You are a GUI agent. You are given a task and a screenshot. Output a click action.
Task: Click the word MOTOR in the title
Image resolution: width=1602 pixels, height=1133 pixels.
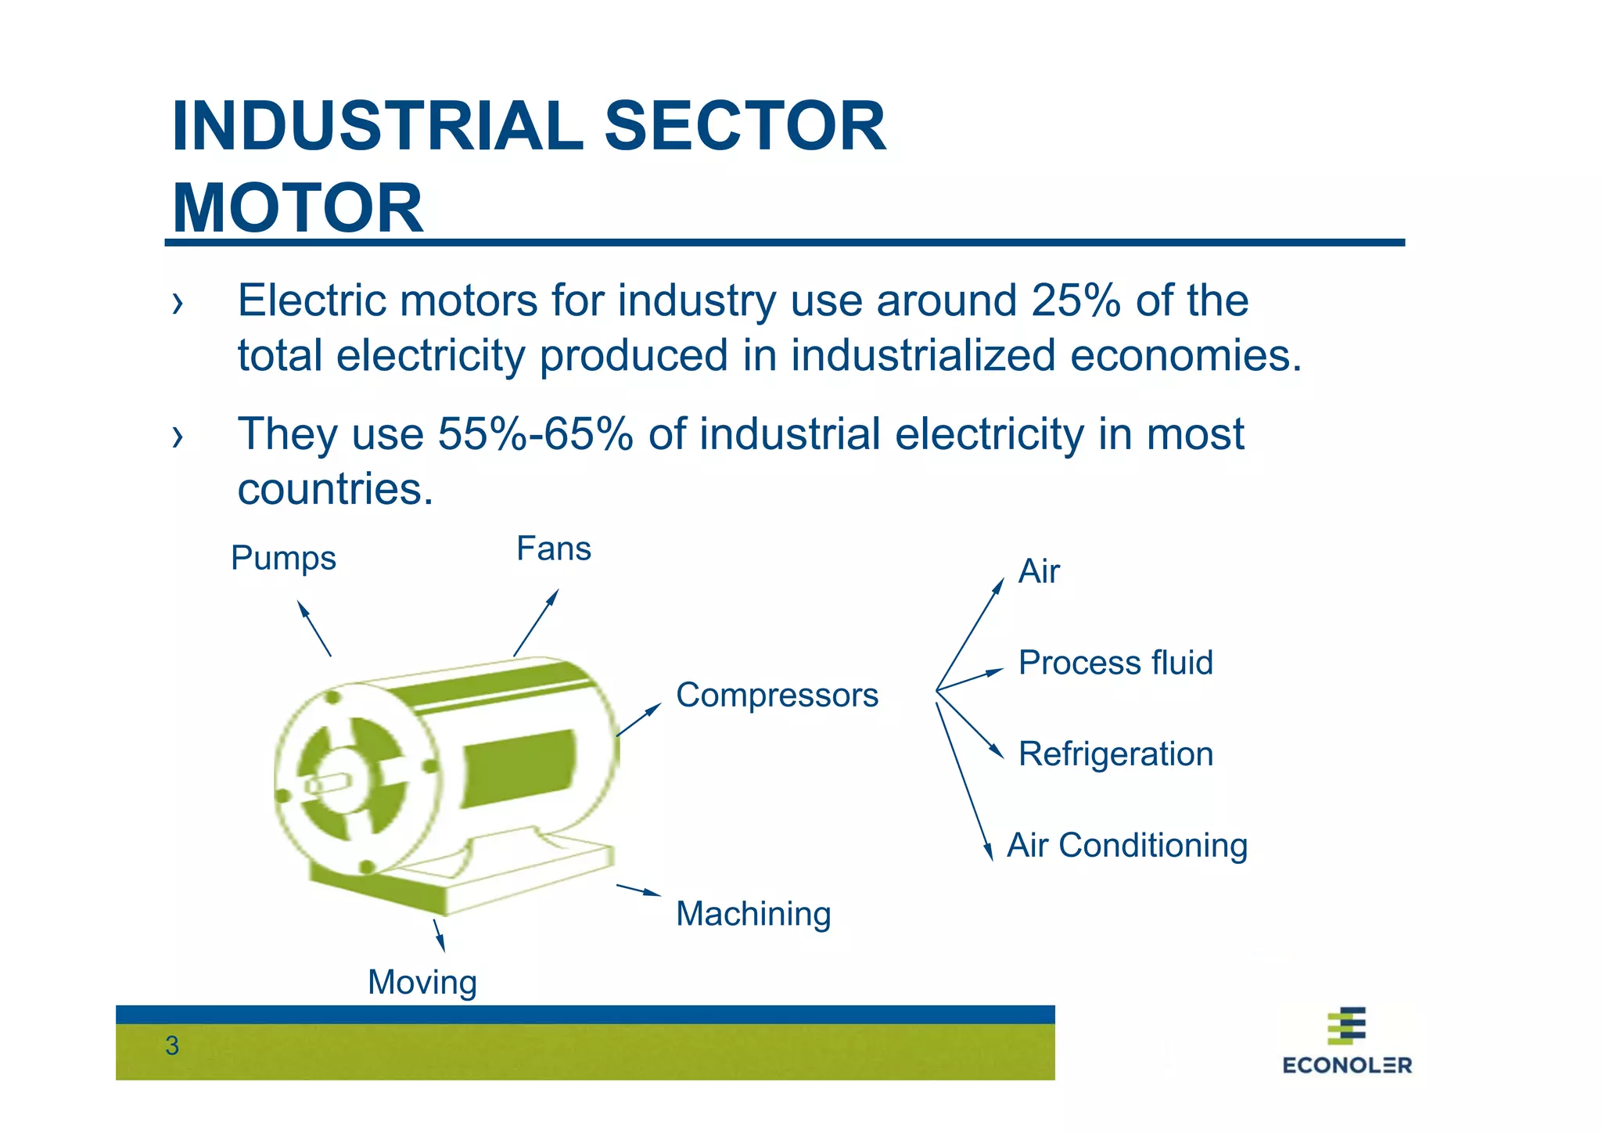[x=297, y=208]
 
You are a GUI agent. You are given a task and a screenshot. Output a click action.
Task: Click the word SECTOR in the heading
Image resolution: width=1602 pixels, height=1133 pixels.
[x=745, y=126]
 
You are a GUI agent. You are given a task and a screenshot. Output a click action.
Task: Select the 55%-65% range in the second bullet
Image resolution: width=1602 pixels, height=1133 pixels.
[x=535, y=434]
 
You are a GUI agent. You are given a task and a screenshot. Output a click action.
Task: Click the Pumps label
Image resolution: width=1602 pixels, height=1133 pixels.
[x=283, y=559]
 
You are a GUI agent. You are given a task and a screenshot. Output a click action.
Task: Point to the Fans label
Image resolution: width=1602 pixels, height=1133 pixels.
[x=553, y=549]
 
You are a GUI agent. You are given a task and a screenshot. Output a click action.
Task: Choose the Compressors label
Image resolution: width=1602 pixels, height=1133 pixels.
[x=777, y=695]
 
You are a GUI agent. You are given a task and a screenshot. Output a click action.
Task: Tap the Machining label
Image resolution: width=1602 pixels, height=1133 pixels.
[x=753, y=914]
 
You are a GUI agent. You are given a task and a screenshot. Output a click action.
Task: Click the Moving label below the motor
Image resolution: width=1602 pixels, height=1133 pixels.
[x=422, y=983]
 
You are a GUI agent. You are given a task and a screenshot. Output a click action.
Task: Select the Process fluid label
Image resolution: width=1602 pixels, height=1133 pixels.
[x=1115, y=663]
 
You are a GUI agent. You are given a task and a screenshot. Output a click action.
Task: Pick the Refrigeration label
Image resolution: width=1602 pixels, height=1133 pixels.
[x=1115, y=754]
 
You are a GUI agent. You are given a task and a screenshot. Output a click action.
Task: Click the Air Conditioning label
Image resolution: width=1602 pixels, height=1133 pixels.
[x=1126, y=846]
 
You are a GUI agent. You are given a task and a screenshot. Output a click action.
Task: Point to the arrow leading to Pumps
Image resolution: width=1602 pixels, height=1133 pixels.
[x=314, y=628]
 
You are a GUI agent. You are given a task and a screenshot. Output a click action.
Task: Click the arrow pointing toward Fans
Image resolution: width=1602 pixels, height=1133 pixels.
[x=536, y=623]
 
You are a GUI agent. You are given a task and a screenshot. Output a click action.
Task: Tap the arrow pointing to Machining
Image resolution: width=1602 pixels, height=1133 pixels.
[x=638, y=890]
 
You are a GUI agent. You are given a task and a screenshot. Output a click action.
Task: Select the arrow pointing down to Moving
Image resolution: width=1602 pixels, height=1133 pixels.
[x=439, y=936]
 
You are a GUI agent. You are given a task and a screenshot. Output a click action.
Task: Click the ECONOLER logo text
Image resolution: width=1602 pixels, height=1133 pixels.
[x=1347, y=1065]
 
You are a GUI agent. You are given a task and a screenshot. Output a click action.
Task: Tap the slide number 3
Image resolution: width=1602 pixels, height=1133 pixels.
[x=172, y=1046]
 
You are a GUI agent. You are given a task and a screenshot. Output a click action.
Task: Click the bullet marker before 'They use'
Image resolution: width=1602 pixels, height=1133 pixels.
[x=178, y=437]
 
